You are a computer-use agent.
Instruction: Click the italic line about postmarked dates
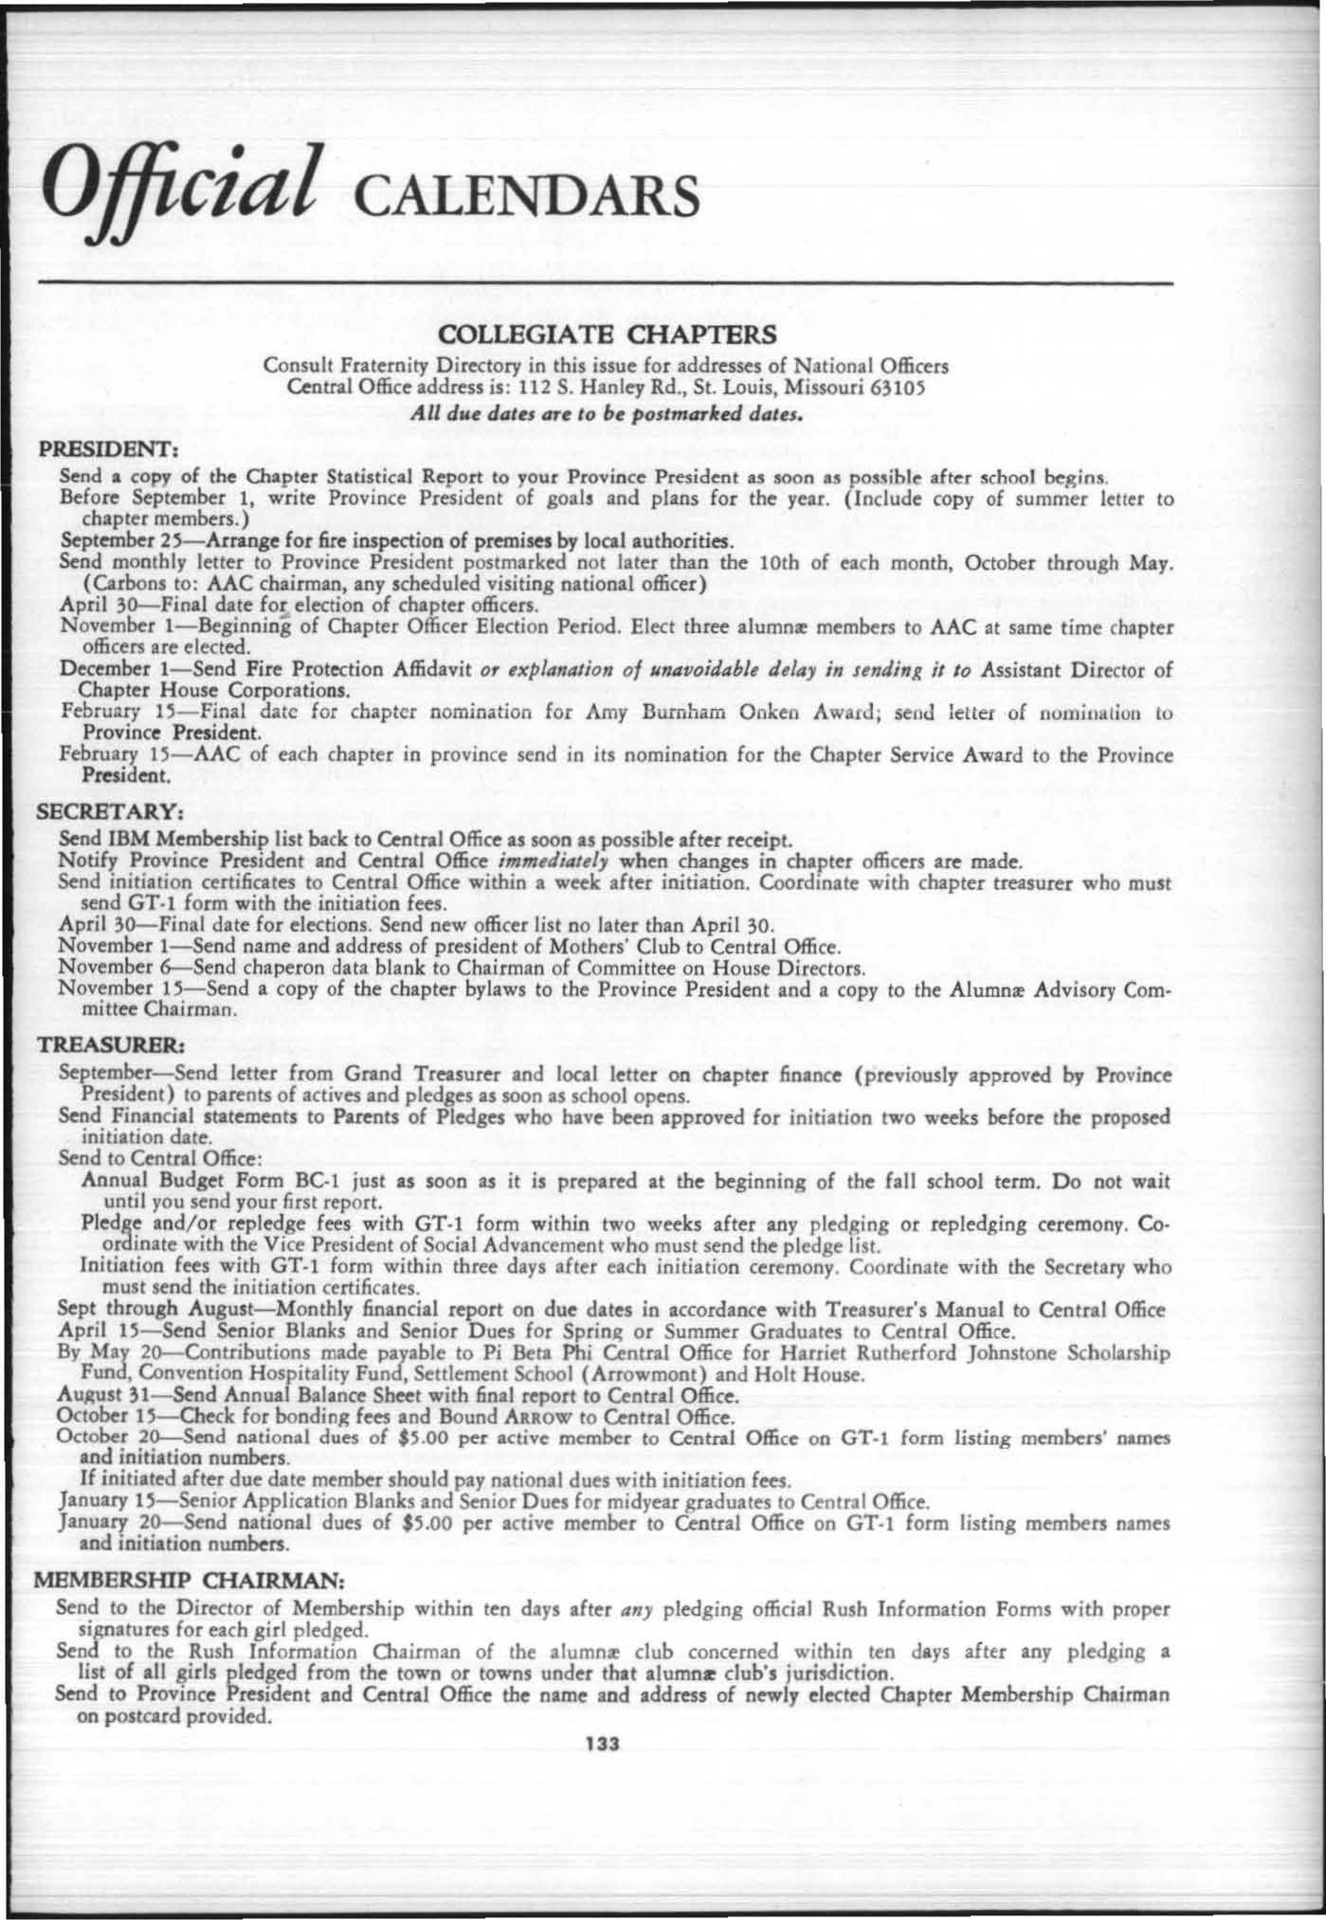point(609,413)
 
